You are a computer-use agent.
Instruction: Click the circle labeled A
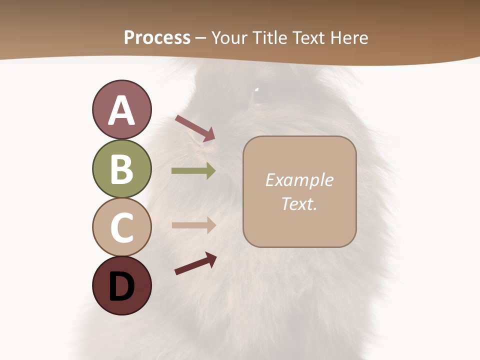121,109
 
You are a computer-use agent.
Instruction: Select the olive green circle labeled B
121,168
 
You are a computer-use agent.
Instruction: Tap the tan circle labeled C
121,227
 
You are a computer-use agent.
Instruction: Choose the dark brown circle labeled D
121,286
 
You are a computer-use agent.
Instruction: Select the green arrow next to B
193,171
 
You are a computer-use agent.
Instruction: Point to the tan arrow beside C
193,225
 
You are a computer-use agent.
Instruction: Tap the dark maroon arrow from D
195,263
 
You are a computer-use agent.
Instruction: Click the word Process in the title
157,37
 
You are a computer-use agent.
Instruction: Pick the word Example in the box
299,180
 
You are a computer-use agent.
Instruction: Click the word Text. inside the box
299,203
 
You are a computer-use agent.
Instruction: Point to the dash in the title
200,38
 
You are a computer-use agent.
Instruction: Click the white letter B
121,168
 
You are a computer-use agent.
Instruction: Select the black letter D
121,286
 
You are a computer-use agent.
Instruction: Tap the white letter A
121,110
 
